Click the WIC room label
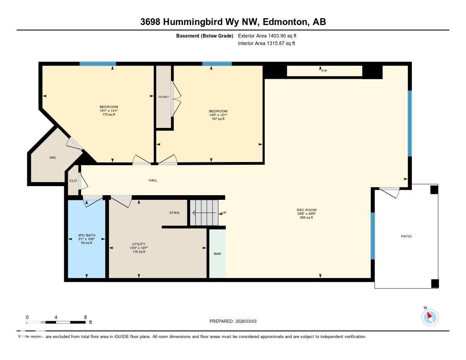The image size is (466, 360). (x=52, y=157)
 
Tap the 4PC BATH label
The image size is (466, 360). (x=86, y=236)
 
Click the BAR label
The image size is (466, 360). (x=218, y=254)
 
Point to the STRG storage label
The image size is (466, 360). (x=174, y=213)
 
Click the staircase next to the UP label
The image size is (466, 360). (x=204, y=213)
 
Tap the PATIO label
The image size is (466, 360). (x=406, y=236)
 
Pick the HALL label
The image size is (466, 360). (x=153, y=180)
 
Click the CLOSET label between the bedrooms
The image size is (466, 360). (x=163, y=97)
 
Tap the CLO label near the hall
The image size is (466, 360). (x=73, y=181)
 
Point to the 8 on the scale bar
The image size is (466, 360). (x=85, y=317)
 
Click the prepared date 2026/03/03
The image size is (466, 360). (x=249, y=321)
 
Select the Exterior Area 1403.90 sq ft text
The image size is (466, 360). (x=268, y=35)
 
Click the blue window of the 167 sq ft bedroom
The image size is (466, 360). (x=217, y=64)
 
